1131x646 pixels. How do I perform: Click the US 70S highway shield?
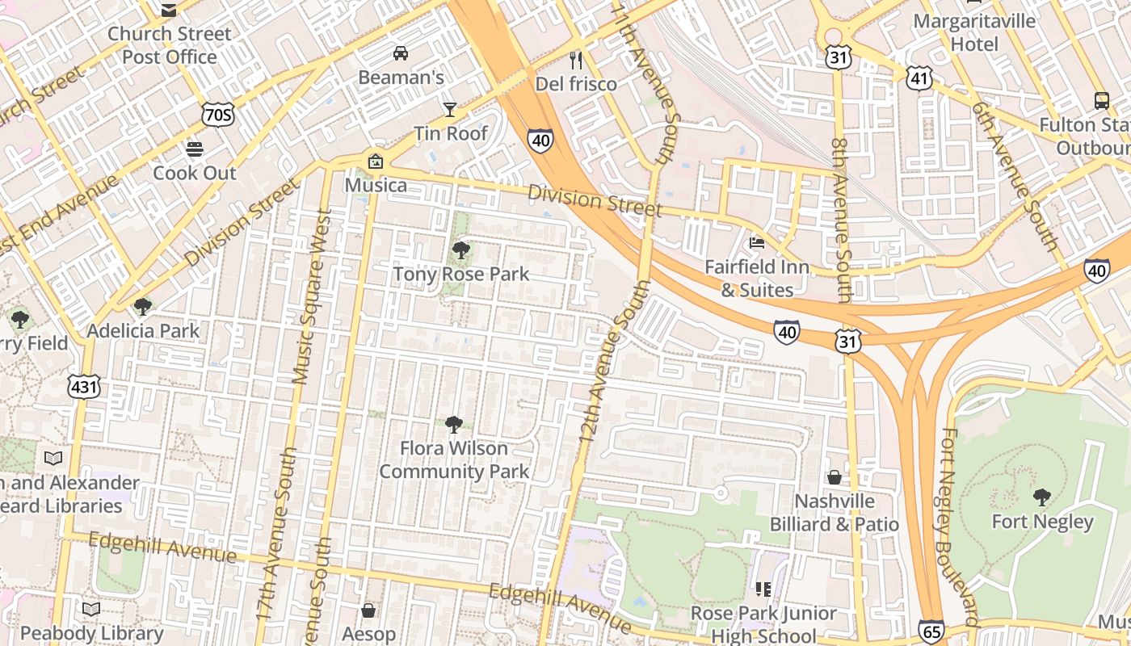219,115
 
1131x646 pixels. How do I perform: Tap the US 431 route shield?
84,387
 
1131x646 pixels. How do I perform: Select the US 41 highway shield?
919,78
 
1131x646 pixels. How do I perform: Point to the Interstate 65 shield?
931,631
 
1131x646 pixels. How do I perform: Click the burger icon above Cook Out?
195,149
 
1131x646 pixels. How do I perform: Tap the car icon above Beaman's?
400,53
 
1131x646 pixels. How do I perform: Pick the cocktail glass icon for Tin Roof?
450,109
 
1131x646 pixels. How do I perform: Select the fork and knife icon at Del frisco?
576,60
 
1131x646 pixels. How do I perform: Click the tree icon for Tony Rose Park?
461,250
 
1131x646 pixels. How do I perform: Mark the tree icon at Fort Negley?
1042,497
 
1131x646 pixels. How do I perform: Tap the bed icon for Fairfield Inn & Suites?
757,242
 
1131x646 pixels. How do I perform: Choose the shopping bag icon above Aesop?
368,610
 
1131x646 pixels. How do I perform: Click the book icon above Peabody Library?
91,609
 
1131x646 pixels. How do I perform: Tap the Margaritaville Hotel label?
974,32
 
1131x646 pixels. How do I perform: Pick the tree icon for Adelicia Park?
143,307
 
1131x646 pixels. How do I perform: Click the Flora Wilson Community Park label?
454,459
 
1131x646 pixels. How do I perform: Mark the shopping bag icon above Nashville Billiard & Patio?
835,477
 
